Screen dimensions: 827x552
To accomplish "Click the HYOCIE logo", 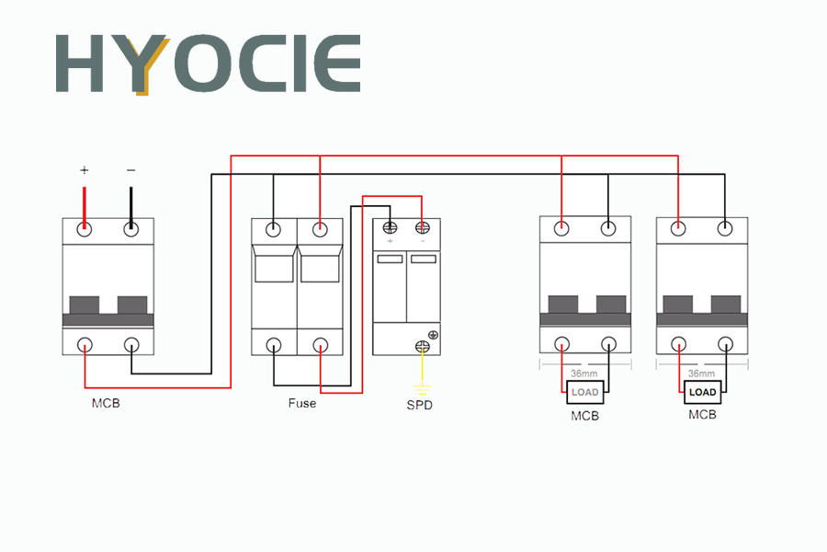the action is (209, 64).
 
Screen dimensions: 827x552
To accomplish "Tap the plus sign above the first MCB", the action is (85, 170).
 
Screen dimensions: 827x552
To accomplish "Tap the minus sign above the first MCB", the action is (130, 170).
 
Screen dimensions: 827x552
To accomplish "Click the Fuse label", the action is (302, 403).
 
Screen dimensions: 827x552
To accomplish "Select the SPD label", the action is (420, 405).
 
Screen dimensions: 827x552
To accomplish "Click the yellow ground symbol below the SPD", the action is (422, 390).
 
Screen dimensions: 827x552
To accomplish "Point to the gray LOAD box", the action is (585, 392).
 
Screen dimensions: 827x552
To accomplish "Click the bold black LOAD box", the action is (702, 392).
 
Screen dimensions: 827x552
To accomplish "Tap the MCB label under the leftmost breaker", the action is (106, 403).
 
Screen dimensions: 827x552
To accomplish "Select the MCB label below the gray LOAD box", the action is (585, 416).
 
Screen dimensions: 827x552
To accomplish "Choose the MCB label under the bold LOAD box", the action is (702, 415).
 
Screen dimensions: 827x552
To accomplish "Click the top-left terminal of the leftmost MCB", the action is (85, 229).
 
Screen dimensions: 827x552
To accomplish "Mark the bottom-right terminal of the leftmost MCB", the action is (131, 345).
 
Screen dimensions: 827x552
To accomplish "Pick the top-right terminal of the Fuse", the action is (320, 229).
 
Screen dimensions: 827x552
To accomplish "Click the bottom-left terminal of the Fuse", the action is (273, 345).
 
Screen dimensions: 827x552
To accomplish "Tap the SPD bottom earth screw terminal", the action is (423, 347).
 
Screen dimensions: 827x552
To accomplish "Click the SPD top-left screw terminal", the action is (390, 227).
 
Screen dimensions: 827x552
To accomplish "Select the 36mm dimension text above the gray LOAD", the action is (584, 374).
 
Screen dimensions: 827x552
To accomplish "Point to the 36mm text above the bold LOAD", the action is (701, 374).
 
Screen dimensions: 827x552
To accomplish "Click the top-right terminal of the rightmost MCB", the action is (725, 228).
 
